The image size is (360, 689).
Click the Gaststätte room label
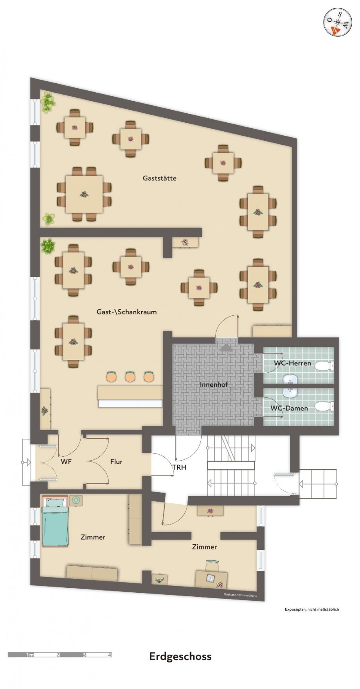click(159, 178)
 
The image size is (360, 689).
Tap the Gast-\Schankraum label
click(126, 312)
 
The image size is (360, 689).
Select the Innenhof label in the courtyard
click(214, 385)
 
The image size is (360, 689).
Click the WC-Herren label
click(292, 363)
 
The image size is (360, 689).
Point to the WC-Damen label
click(289, 408)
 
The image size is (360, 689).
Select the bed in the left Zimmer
click(55, 522)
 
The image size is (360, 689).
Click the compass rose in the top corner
click(337, 22)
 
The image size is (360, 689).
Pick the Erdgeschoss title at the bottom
click(180, 657)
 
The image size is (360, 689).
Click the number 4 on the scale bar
click(110, 655)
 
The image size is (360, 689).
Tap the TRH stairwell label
click(180, 467)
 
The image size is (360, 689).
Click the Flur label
click(116, 462)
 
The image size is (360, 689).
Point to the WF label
click(66, 462)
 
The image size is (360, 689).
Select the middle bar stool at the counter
click(130, 377)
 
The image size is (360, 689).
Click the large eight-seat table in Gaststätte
click(84, 194)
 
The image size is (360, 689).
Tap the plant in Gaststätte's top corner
click(48, 102)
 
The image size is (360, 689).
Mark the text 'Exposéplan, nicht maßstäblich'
click(311, 609)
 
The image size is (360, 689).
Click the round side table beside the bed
click(76, 500)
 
